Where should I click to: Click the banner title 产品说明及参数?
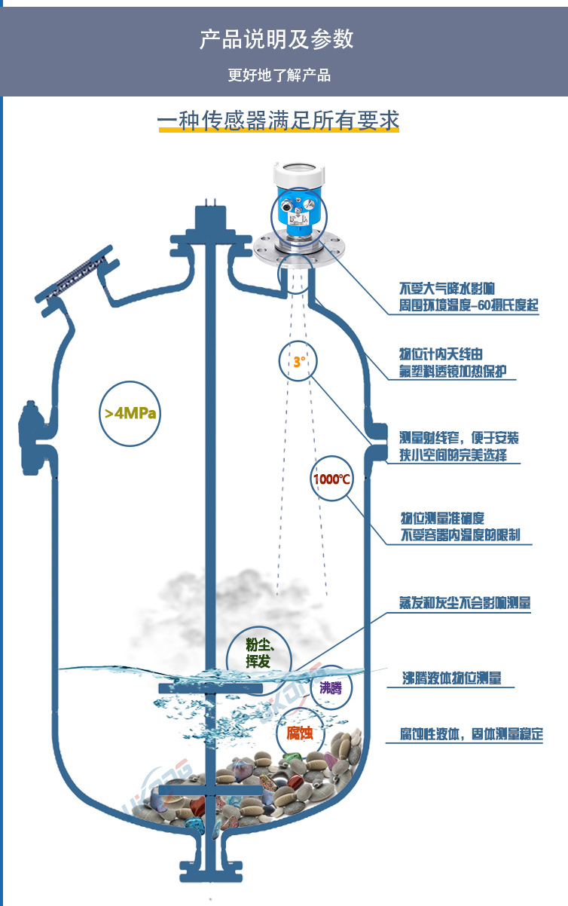276,40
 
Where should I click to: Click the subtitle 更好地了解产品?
279,75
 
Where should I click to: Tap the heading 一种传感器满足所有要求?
278,121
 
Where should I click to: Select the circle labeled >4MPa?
130,413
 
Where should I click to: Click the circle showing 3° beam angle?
298,362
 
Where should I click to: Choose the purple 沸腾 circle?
331,687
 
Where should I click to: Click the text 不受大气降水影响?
447,289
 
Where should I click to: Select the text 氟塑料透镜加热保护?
457,372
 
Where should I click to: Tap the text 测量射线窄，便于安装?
459,438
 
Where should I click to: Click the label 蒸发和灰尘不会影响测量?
465,603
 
